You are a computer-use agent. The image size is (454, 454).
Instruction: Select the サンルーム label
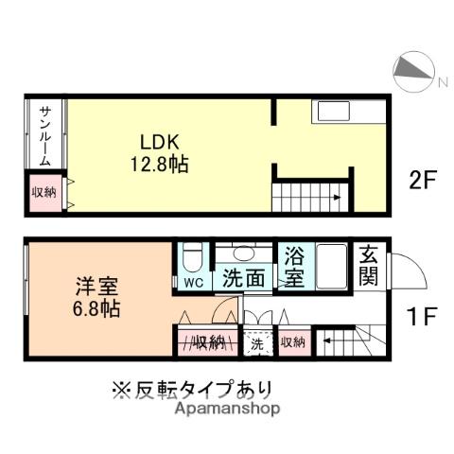(44, 134)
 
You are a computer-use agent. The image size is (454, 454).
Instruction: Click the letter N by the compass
(442, 82)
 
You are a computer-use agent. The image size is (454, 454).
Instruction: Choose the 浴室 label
(292, 267)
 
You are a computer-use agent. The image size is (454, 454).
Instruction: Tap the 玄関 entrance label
(369, 267)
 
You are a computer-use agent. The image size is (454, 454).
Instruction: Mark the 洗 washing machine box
(256, 343)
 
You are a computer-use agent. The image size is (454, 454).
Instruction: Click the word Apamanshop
(227, 409)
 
